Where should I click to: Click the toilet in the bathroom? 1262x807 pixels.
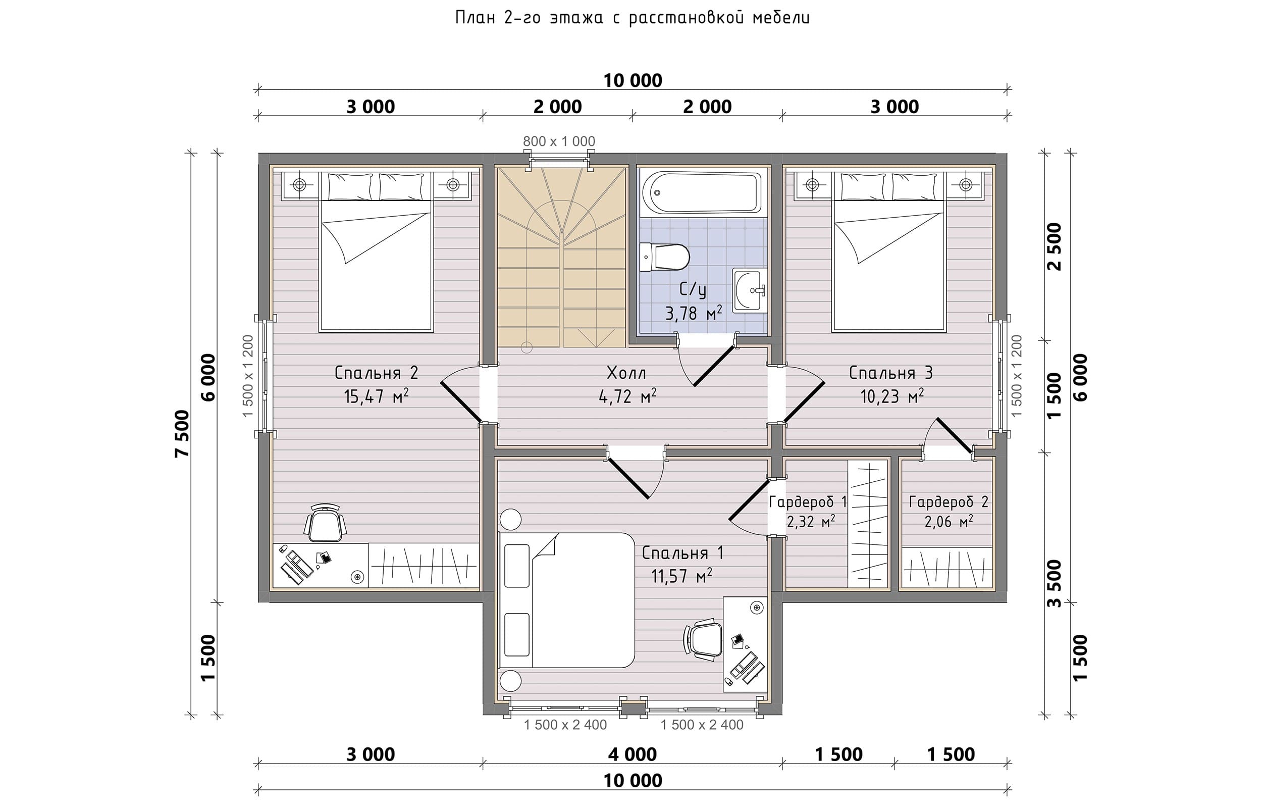click(x=664, y=257)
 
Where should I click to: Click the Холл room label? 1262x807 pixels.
click(x=626, y=373)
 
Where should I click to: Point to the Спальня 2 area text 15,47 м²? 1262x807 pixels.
click(x=376, y=396)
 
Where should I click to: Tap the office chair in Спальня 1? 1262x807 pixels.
click(x=703, y=639)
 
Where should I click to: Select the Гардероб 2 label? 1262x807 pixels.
click(x=949, y=502)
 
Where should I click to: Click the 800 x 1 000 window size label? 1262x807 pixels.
click(x=559, y=141)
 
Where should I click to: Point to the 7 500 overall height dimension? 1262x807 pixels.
click(x=182, y=434)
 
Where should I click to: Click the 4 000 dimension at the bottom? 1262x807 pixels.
click(x=632, y=754)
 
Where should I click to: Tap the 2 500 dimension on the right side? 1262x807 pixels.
click(x=1054, y=246)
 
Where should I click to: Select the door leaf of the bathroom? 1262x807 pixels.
click(x=714, y=366)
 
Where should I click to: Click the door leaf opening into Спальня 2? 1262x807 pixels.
click(x=461, y=401)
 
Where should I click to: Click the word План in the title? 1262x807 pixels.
click(x=475, y=18)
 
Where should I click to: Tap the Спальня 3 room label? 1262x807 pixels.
click(x=891, y=373)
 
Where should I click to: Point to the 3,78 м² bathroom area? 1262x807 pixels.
click(x=694, y=313)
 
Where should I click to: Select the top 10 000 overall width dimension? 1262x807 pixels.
click(x=633, y=80)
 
